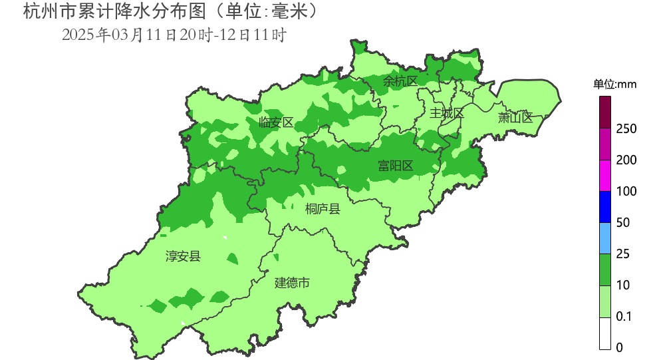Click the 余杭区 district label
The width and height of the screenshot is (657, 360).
point(400,81)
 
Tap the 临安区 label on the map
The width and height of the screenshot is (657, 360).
point(276,122)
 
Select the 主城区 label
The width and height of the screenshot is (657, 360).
point(446,113)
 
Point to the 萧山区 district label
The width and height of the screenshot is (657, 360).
point(515,118)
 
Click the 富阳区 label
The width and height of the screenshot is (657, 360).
point(396,166)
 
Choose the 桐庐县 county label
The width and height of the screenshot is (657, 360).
point(323,210)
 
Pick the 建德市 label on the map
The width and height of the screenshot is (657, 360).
point(293,283)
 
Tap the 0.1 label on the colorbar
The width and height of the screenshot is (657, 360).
point(624,317)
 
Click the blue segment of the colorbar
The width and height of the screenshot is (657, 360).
point(605,207)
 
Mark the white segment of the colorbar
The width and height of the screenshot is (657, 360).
point(605,333)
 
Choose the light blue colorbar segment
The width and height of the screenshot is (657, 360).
point(605,238)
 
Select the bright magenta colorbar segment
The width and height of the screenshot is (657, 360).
point(605,176)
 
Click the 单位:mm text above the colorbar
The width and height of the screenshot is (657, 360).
point(615,85)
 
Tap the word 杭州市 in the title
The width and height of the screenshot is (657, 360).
point(41,11)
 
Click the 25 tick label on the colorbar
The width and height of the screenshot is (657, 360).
point(623,254)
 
